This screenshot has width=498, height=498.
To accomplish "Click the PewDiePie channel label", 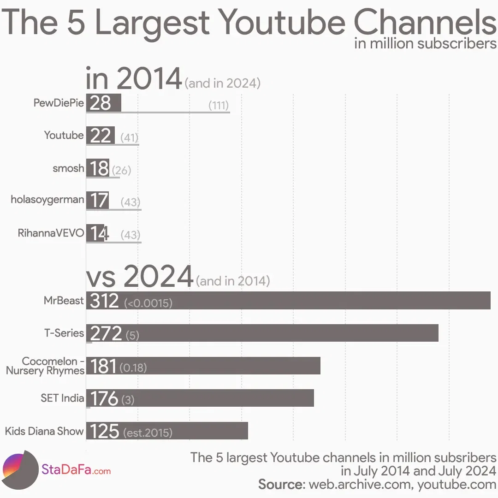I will [59, 102].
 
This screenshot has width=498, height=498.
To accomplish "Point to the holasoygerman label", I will [47, 200].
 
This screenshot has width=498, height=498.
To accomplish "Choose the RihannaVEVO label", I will [51, 233].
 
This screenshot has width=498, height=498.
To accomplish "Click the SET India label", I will [62, 398].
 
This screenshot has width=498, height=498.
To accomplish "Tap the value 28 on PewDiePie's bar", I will [101, 102].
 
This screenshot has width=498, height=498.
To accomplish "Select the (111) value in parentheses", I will [219, 105].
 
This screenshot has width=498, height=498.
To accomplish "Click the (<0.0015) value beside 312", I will [148, 303].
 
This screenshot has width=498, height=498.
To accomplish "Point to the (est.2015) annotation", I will [148, 433].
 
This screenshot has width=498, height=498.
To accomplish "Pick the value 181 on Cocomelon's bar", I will [103, 366].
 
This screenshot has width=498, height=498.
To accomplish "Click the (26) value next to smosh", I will [122, 170].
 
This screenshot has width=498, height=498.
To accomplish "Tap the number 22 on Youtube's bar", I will [101, 136].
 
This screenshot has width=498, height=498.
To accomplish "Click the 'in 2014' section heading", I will [134, 79].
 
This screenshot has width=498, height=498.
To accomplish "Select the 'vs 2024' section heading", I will [139, 277].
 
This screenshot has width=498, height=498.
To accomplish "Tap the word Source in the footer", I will [281, 484].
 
